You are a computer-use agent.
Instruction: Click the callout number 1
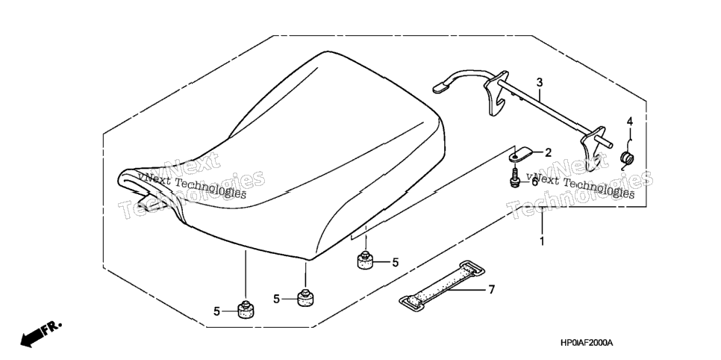coord(542,241)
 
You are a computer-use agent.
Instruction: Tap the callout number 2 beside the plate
coord(548,153)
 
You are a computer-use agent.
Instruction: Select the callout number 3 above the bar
coord(540,83)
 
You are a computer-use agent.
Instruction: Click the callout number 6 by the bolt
coord(534,181)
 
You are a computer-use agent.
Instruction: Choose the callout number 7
coord(492,290)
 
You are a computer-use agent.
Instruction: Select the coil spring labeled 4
coord(626,159)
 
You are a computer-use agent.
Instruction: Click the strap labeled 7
coord(441,285)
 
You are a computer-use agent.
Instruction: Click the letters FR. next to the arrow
coord(51,328)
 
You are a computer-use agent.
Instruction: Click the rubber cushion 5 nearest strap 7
coord(365,260)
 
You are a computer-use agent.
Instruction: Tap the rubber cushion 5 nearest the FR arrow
coord(246,309)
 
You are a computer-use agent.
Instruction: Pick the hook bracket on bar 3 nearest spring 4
coord(591,148)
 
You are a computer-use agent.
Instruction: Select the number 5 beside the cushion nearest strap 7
coord(395,263)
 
